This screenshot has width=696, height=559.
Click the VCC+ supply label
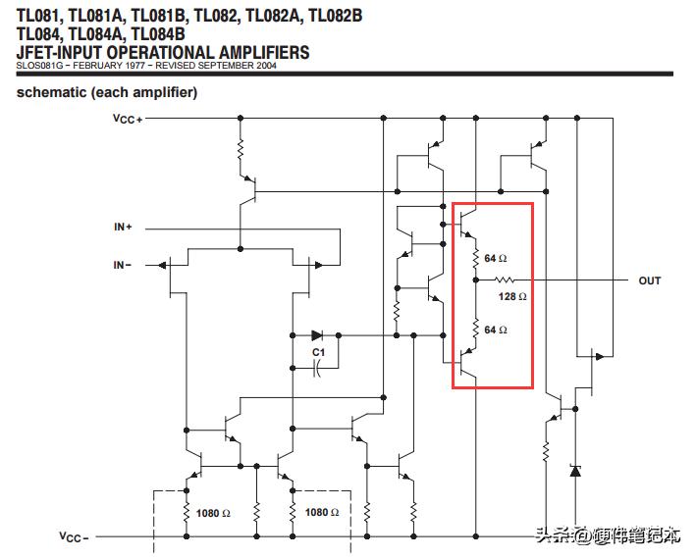click(x=128, y=120)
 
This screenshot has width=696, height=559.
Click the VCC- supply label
click(x=74, y=536)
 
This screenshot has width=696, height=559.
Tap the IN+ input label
click(x=123, y=227)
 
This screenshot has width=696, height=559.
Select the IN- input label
click(x=123, y=265)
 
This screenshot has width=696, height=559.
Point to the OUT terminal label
click(x=650, y=280)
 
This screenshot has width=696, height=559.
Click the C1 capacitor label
click(x=318, y=352)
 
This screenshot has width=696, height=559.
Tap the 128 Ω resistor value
click(x=512, y=296)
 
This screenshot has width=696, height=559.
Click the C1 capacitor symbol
click(x=317, y=368)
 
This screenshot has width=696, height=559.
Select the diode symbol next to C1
click(x=317, y=335)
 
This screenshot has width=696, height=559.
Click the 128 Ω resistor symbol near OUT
click(x=505, y=279)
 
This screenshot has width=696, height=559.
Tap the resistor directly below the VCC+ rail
click(x=241, y=149)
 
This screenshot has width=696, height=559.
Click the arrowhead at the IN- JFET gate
click(x=162, y=265)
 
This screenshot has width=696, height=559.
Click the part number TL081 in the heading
click(x=37, y=16)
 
